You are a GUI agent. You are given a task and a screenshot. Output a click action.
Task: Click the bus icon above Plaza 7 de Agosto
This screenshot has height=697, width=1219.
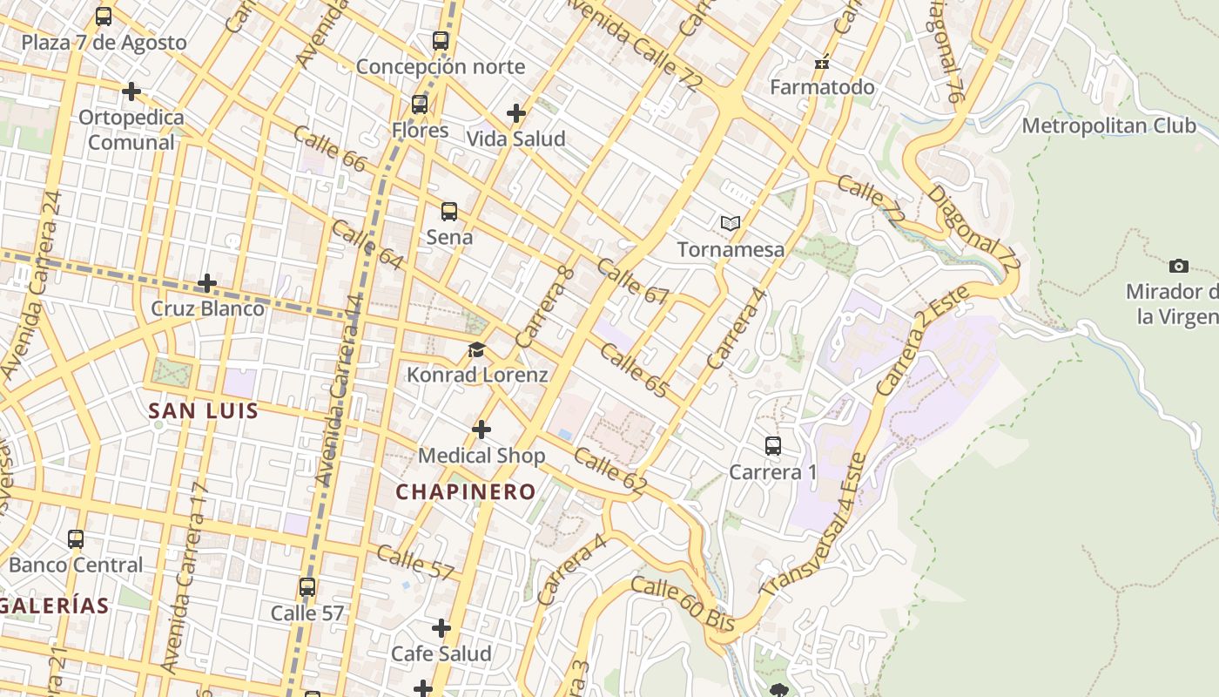[x=104, y=17]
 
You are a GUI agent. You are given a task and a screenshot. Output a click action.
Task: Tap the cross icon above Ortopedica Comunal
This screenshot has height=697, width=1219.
[x=131, y=91]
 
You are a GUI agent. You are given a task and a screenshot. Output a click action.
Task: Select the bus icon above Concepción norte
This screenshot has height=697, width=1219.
[x=441, y=40]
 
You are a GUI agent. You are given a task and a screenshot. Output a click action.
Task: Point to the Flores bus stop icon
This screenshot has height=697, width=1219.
[x=420, y=105]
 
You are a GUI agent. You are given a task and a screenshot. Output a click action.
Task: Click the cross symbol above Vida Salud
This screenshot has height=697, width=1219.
[x=516, y=112]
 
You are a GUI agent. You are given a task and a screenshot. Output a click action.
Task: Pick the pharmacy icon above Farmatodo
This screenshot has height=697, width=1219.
[x=822, y=62]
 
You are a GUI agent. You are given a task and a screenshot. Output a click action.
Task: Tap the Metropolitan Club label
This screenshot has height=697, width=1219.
[x=1108, y=125]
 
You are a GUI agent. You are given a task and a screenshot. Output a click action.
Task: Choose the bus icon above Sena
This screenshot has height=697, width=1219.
[x=449, y=211]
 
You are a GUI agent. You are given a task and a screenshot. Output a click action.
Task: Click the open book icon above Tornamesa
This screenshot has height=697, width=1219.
[x=731, y=224]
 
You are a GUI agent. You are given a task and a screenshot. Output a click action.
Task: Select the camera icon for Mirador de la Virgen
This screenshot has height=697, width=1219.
[x=1179, y=266]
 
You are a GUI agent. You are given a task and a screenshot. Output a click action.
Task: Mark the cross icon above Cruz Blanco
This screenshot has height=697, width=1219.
[x=207, y=283]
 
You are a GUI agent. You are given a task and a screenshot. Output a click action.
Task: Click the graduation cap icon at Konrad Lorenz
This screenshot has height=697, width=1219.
[x=476, y=350]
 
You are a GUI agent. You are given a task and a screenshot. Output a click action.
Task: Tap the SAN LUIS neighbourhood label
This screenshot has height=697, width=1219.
[x=204, y=410]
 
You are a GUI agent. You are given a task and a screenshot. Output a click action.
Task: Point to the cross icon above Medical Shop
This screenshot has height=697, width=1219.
[x=482, y=430]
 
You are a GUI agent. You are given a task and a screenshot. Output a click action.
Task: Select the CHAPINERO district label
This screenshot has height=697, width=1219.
[x=466, y=492]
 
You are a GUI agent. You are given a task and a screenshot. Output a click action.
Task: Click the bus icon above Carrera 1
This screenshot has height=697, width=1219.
[x=772, y=446]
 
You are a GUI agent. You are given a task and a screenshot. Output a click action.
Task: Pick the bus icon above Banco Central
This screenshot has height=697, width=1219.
[x=76, y=539]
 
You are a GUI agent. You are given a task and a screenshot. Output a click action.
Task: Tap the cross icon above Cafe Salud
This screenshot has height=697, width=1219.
[x=441, y=627]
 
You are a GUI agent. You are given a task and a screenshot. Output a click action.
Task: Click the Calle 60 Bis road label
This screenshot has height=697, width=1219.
[x=683, y=603]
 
